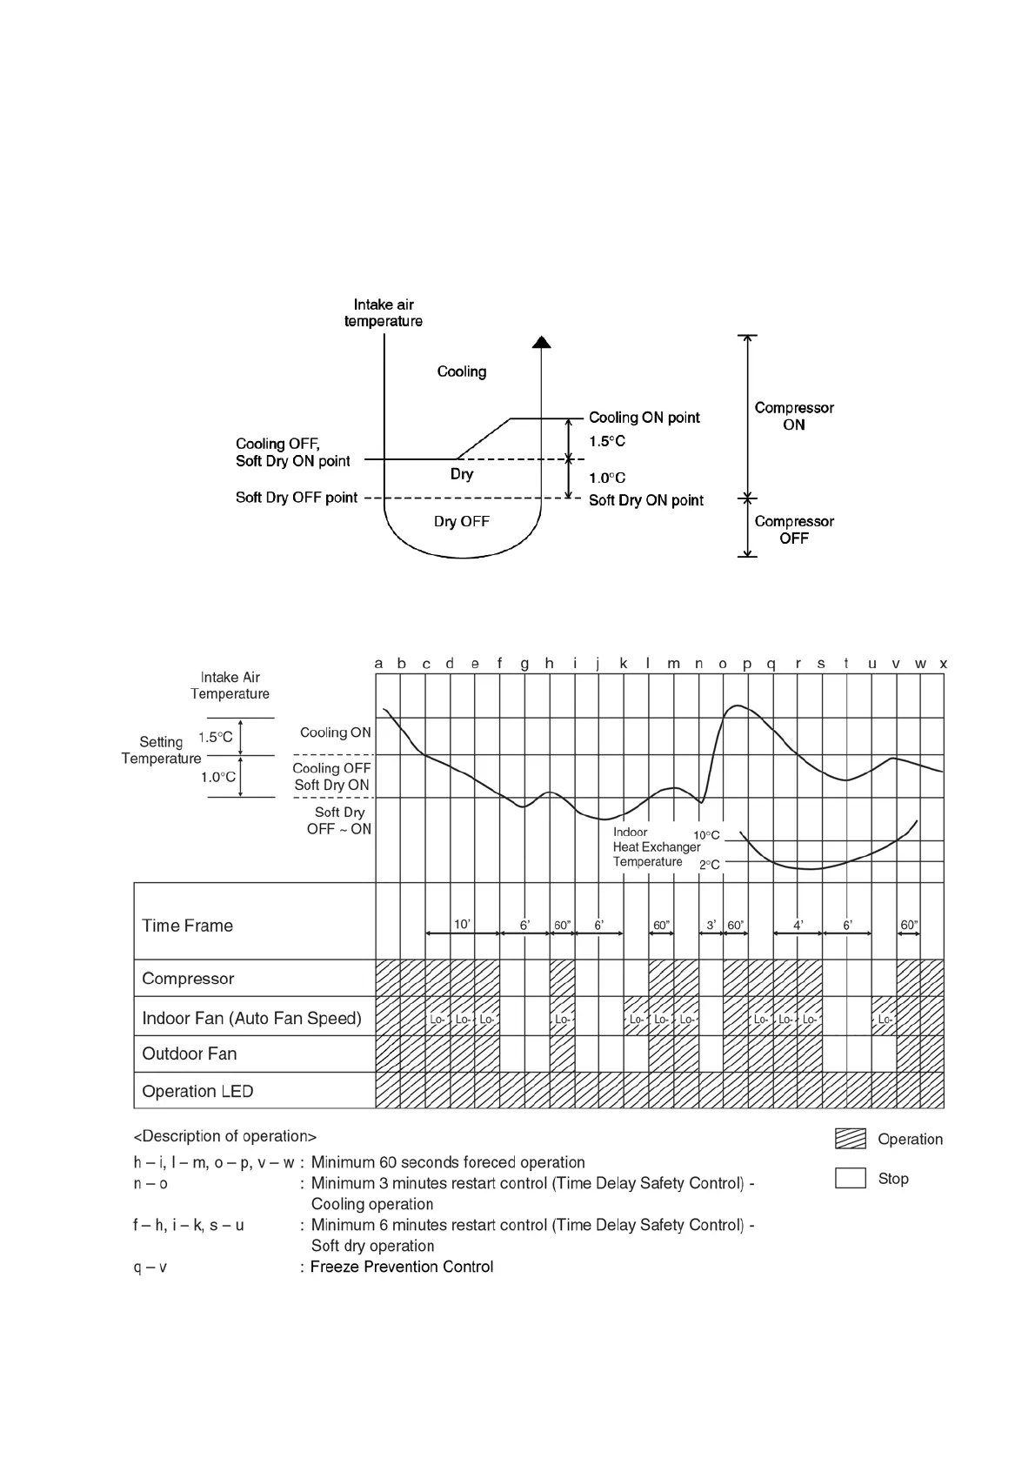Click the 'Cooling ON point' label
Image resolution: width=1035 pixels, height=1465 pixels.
pyautogui.click(x=644, y=418)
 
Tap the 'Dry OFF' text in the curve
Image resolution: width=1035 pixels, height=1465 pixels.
pyautogui.click(x=461, y=521)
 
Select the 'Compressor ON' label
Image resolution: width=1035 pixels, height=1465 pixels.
pyautogui.click(x=793, y=416)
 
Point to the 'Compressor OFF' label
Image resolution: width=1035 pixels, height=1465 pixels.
pyautogui.click(x=793, y=530)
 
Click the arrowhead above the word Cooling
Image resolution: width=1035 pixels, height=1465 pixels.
pyautogui.click(x=542, y=341)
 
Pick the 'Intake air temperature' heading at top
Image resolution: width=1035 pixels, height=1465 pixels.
pyautogui.click(x=383, y=313)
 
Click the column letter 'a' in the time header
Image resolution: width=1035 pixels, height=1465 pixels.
pyautogui.click(x=378, y=664)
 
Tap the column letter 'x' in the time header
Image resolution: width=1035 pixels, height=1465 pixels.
pyautogui.click(x=943, y=664)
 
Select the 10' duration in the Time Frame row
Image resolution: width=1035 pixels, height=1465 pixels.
pyautogui.click(x=462, y=925)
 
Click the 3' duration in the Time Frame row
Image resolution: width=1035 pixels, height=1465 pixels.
pyautogui.click(x=711, y=925)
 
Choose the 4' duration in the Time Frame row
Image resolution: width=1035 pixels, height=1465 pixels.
pyautogui.click(x=798, y=925)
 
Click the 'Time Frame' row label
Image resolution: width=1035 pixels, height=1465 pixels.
pyautogui.click(x=187, y=926)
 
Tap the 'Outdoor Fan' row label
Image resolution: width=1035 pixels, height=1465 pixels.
pyautogui.click(x=189, y=1054)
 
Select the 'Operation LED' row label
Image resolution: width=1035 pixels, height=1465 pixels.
pyautogui.click(x=197, y=1091)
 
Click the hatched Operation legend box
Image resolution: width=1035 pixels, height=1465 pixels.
pyautogui.click(x=850, y=1139)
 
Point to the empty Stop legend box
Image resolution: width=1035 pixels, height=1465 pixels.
pyautogui.click(x=850, y=1178)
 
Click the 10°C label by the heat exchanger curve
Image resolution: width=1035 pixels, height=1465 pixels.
pyautogui.click(x=706, y=835)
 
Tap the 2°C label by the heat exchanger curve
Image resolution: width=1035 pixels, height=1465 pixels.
pyautogui.click(x=710, y=865)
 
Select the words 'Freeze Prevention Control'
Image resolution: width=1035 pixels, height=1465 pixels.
pyautogui.click(x=402, y=1267)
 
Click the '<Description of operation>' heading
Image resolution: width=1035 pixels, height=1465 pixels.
pyautogui.click(x=224, y=1136)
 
